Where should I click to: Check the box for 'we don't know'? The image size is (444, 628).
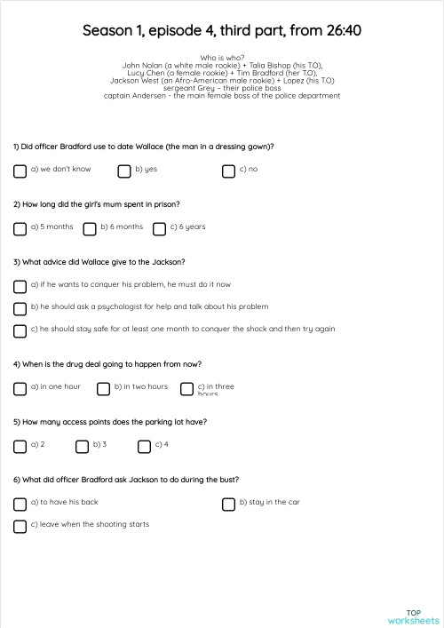(x=20, y=171)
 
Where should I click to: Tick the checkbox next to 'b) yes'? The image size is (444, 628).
(x=124, y=171)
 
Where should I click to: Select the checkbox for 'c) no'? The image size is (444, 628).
(x=228, y=171)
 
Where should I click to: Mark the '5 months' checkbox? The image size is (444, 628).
(x=20, y=228)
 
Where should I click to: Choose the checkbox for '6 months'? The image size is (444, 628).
(x=90, y=228)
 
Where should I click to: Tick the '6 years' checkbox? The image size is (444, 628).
(x=159, y=228)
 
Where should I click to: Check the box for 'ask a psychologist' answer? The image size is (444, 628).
(x=20, y=308)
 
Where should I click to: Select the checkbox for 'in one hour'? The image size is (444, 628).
(x=20, y=388)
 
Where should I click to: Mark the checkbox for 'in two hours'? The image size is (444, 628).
(x=103, y=388)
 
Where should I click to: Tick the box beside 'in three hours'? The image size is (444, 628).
(x=186, y=388)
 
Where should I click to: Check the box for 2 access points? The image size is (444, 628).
(x=20, y=446)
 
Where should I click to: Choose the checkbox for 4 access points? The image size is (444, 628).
(x=145, y=446)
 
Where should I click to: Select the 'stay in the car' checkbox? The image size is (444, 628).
(x=228, y=504)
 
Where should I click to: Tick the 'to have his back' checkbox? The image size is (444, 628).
(x=20, y=504)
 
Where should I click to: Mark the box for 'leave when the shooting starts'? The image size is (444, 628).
(x=20, y=526)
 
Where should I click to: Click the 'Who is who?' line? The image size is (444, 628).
(x=222, y=58)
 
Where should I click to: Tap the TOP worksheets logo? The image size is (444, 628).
(x=414, y=616)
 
